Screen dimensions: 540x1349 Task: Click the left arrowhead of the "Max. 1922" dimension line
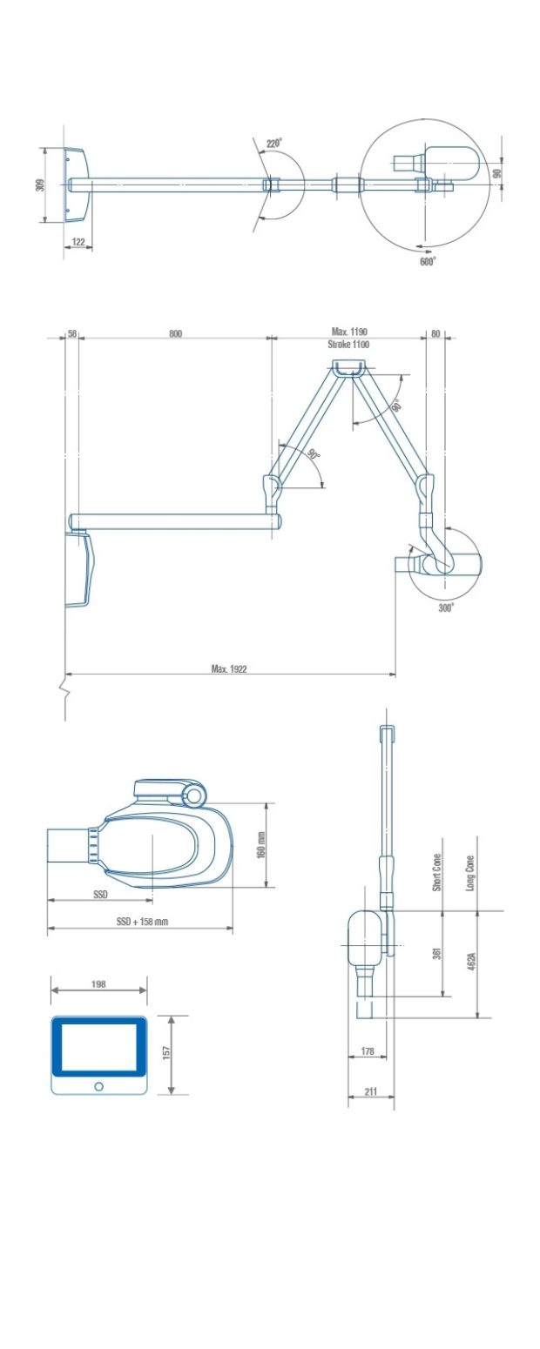68,674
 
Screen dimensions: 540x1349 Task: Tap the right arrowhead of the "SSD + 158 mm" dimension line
230,928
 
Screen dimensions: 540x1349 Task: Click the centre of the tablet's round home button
98,1086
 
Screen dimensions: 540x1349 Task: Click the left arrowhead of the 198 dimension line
54,990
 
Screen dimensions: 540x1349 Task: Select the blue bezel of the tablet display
98,1045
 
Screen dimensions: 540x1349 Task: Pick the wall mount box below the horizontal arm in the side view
80,567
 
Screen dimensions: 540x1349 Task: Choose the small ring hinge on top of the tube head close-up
193,796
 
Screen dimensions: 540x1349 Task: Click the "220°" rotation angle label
274,144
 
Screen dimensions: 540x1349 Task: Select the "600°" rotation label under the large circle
428,261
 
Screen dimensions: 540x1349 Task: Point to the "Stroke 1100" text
348,345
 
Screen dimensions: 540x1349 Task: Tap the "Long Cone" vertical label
470,873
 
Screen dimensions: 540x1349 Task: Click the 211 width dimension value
371,1091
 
